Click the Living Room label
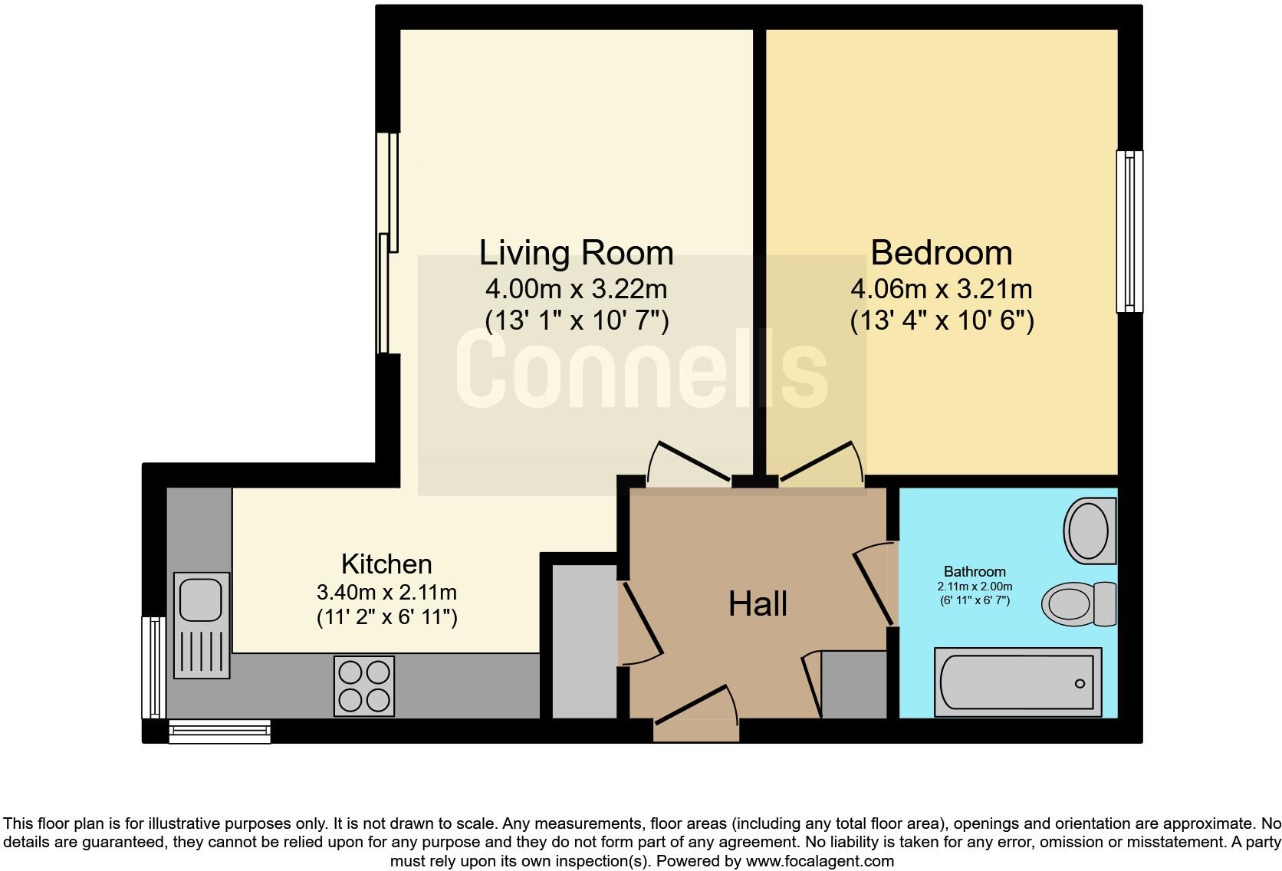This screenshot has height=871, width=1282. [576, 253]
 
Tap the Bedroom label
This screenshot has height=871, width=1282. [941, 253]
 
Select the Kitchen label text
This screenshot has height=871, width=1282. [386, 564]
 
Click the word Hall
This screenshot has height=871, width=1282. [758, 604]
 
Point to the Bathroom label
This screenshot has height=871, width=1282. [975, 572]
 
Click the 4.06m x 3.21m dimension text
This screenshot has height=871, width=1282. [941, 290]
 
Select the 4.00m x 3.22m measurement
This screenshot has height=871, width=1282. [576, 290]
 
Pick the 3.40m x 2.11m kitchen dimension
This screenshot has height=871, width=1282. [386, 593]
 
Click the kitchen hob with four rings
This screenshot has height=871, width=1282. [364, 686]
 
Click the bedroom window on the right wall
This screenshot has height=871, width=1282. [1129, 231]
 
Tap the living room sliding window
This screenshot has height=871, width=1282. [389, 244]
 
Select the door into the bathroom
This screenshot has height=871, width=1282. [875, 583]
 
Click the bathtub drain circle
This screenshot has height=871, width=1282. [1080, 683]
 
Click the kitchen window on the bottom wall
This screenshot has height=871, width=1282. [219, 731]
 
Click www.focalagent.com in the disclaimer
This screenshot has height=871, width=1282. [820, 861]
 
